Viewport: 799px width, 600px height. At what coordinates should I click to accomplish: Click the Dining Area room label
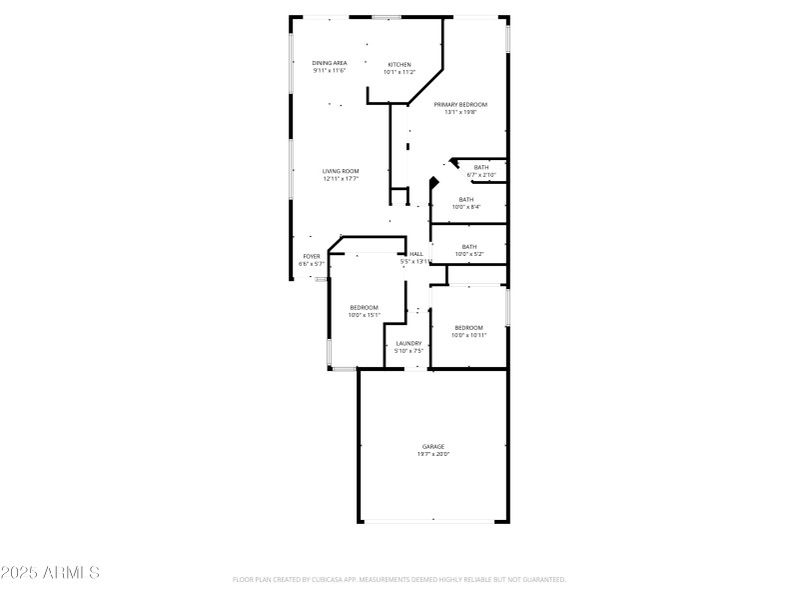330,63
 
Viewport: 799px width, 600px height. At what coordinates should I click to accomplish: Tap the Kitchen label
399,64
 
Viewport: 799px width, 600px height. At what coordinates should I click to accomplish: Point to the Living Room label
341,171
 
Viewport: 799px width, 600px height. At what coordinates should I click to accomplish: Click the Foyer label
312,256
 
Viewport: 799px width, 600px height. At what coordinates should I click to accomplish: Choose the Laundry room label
408,343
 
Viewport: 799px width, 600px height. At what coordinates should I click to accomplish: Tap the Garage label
433,446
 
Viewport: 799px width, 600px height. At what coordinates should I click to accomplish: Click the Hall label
416,254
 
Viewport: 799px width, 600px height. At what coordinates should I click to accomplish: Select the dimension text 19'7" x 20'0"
433,454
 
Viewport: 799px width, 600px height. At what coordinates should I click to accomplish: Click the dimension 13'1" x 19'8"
460,112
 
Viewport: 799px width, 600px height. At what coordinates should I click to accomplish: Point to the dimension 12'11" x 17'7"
341,179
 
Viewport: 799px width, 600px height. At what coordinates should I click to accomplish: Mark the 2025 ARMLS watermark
50,573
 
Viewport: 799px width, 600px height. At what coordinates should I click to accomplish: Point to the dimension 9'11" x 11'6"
329,71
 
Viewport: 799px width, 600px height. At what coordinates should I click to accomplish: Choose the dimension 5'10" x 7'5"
409,351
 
